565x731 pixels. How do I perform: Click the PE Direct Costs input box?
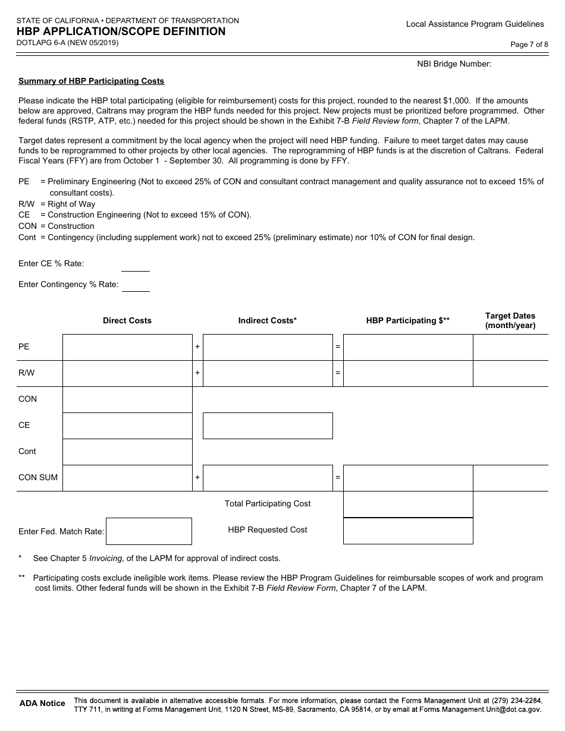coord(127,347)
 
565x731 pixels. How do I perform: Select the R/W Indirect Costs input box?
coord(268,373)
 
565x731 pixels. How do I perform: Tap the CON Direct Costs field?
coord(127,399)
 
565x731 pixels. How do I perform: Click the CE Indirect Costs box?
coord(268,426)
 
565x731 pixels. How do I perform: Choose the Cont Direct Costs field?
coord(127,452)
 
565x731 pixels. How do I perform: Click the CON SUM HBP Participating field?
coord(408,478)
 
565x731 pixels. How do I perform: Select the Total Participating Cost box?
coord(408,504)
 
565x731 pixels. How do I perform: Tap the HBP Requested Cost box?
coord(408,531)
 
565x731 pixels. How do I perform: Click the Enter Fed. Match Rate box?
coord(149,531)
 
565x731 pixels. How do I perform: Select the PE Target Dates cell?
coord(510,347)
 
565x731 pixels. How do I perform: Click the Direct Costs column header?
coord(127,321)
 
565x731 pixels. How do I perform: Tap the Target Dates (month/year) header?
coord(510,321)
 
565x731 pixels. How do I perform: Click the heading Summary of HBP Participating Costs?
coord(91,81)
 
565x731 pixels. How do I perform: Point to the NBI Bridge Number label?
coord(454,64)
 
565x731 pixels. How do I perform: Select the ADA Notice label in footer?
coord(42,704)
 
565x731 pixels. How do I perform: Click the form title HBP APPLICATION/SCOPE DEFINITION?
coord(121,32)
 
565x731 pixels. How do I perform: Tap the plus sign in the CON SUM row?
coord(197,478)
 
